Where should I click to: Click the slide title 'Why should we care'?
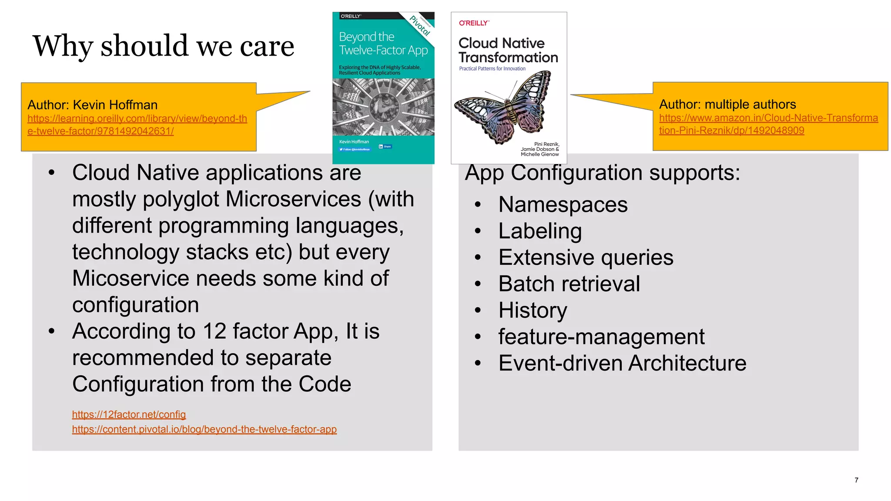pyautogui.click(x=163, y=46)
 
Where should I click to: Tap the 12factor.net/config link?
pyautogui.click(x=129, y=414)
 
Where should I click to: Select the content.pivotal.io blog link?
pyautogui.click(x=204, y=429)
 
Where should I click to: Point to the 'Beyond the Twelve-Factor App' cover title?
pyautogui.click(x=383, y=43)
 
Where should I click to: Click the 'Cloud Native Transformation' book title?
pyautogui.click(x=508, y=50)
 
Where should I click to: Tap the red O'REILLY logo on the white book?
pyautogui.click(x=474, y=23)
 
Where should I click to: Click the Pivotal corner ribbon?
pyautogui.click(x=420, y=25)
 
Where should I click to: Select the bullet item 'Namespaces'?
pyautogui.click(x=563, y=204)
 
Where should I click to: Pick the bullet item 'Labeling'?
pyautogui.click(x=540, y=231)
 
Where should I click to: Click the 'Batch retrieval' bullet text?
pyautogui.click(x=569, y=284)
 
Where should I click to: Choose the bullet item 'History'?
pyautogui.click(x=533, y=311)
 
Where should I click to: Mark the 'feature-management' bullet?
pyautogui.click(x=601, y=337)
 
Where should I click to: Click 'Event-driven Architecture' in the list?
pyautogui.click(x=622, y=363)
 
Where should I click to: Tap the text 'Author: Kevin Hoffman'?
pyautogui.click(x=92, y=105)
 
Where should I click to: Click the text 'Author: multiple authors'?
pyautogui.click(x=727, y=104)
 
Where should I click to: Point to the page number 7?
pyautogui.click(x=856, y=480)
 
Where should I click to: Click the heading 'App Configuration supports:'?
pyautogui.click(x=602, y=173)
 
